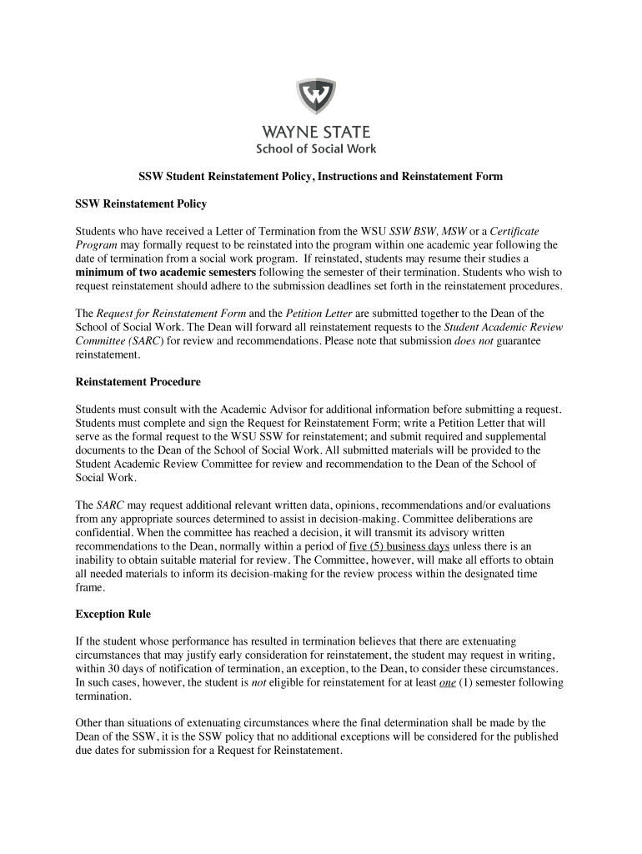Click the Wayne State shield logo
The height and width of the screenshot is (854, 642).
tap(316, 98)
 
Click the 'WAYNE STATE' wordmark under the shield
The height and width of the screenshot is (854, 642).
tap(317, 132)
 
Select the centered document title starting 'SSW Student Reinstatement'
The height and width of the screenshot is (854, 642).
tap(320, 178)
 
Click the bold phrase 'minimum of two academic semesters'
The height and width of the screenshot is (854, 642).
tap(166, 273)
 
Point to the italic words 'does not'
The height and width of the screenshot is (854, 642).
tap(473, 341)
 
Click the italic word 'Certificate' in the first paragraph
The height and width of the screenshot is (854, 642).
tap(515, 231)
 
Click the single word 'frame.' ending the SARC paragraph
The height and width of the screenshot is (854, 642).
tap(90, 587)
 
